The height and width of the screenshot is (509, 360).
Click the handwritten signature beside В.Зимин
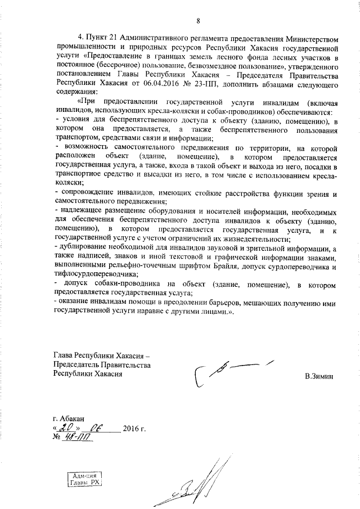231,374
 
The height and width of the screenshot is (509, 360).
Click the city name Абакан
71,419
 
